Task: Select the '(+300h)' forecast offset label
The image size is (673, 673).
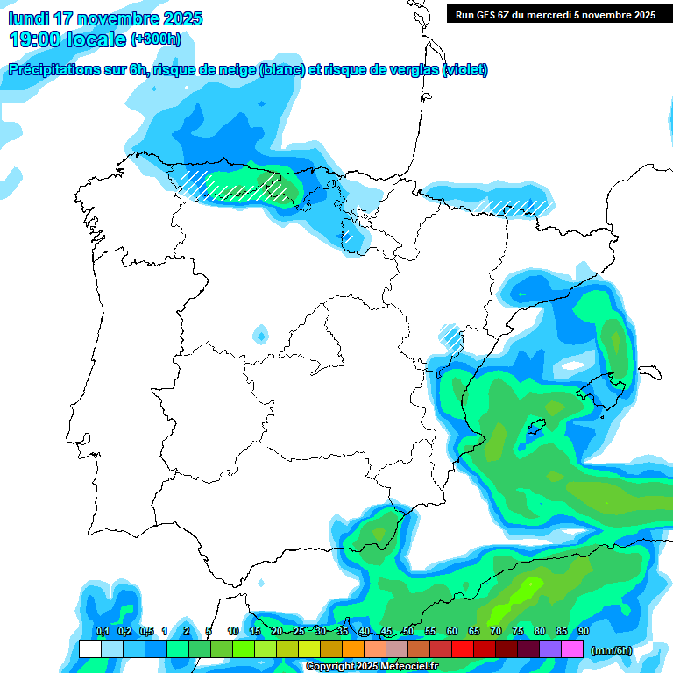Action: click(156, 39)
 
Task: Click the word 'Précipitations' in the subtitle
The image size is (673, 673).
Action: click(52, 70)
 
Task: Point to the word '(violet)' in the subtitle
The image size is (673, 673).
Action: click(465, 70)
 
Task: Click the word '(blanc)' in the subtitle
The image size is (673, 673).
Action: click(281, 70)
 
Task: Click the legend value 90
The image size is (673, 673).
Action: click(584, 631)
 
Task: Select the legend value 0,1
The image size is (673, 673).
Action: click(102, 631)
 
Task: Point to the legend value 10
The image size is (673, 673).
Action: click(233, 631)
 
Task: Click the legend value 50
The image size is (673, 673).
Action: click(408, 631)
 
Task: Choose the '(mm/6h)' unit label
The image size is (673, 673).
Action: click(611, 650)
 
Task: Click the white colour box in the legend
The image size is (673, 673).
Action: click(89, 649)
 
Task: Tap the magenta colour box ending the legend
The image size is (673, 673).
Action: click(572, 649)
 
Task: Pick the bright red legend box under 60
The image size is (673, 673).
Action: click(463, 649)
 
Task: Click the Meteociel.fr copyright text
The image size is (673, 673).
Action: click(372, 667)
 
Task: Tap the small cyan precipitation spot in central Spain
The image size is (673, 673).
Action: click(260, 334)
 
